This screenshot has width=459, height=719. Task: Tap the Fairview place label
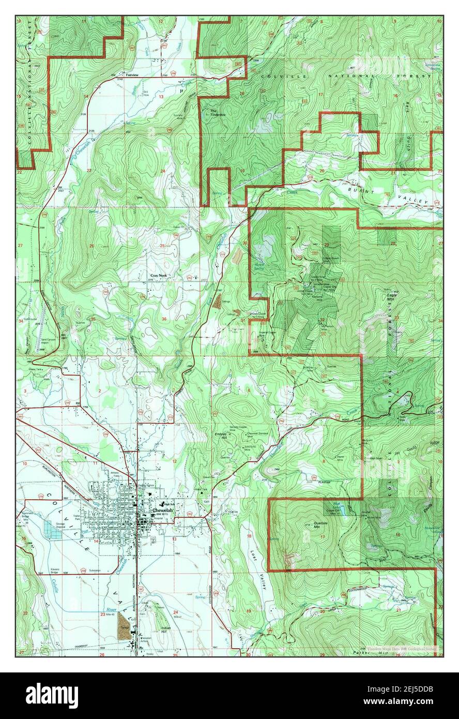[126, 75]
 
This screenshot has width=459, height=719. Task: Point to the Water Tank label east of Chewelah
[201, 489]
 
